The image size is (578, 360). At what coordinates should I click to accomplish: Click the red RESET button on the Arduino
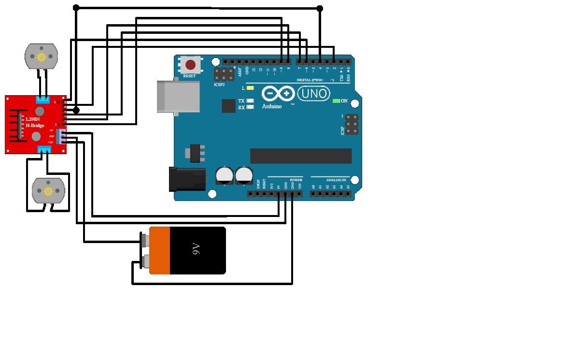pyautogui.click(x=190, y=64)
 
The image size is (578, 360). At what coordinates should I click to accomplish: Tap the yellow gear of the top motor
pyautogui.click(x=41, y=57)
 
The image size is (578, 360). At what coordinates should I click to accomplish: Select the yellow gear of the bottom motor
pyautogui.click(x=48, y=191)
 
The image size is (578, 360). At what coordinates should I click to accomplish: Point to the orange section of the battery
pyautogui.click(x=160, y=250)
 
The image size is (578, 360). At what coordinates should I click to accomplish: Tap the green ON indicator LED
pyautogui.click(x=336, y=101)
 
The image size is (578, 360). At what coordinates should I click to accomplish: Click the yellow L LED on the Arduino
pyautogui.click(x=250, y=88)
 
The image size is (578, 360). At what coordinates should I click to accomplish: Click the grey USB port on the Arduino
pyautogui.click(x=178, y=97)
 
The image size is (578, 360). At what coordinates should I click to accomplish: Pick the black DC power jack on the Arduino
pyautogui.click(x=187, y=179)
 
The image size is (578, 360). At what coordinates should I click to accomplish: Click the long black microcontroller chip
pyautogui.click(x=300, y=156)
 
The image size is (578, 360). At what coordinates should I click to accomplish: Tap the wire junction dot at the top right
pyautogui.click(x=320, y=8)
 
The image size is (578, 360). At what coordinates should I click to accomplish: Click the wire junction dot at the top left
pyautogui.click(x=76, y=8)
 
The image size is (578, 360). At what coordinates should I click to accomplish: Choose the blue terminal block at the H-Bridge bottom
pyautogui.click(x=44, y=150)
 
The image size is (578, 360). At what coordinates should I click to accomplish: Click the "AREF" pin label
pyautogui.click(x=240, y=72)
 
